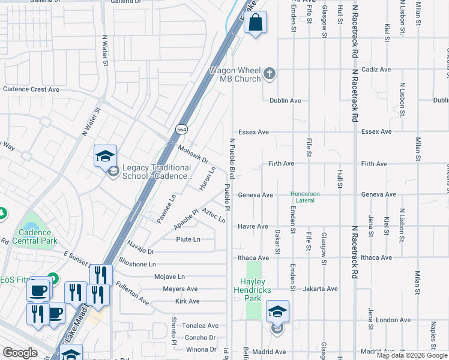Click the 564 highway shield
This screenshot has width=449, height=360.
(181, 129)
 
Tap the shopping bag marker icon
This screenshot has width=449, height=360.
(255, 23)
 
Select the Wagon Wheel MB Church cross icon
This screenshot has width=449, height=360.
(270, 74)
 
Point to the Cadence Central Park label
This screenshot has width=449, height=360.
(38, 236)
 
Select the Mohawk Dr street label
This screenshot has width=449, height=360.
(193, 154)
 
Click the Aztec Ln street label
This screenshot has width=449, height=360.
(214, 216)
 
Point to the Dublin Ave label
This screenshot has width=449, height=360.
(285, 101)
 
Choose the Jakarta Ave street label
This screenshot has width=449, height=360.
(320, 289)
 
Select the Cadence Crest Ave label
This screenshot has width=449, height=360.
(31, 89)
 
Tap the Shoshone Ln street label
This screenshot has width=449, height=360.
(137, 264)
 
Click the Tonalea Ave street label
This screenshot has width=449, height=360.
(200, 326)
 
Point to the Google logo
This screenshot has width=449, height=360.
(20, 353)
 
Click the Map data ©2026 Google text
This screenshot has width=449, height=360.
(412, 355)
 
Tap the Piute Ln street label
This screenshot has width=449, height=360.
(187, 239)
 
